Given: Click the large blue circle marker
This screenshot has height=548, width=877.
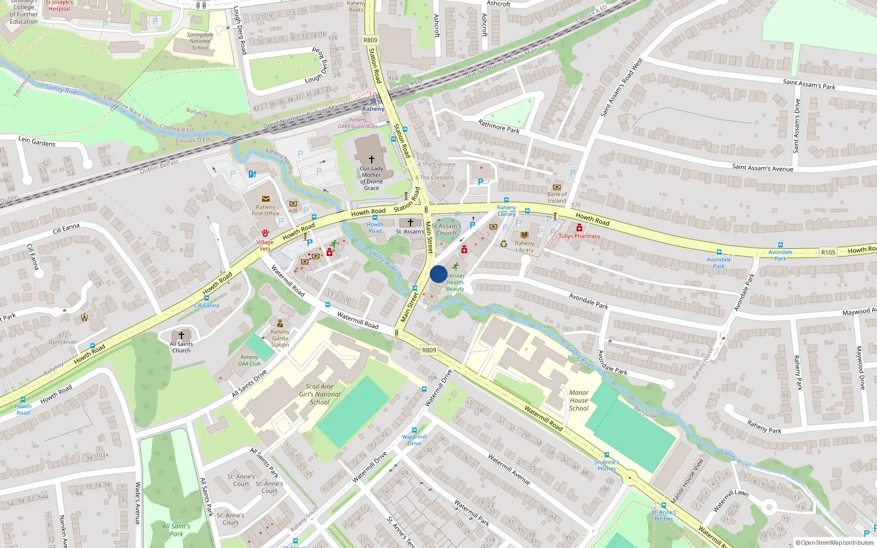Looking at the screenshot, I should [438, 274].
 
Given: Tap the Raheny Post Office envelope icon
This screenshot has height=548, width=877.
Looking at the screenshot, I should [266, 199].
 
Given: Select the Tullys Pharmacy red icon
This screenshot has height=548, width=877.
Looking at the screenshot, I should [579, 228].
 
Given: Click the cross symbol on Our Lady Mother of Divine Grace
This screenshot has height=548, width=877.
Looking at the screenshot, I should [372, 159].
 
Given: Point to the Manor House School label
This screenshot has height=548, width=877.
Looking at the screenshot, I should [579, 400].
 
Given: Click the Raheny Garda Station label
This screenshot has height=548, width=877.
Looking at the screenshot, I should [280, 338].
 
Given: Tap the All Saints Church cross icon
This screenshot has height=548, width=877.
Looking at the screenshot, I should [181, 335].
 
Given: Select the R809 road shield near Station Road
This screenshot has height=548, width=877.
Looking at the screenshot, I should [371, 40].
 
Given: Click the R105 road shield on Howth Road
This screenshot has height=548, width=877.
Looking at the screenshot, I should [828, 253].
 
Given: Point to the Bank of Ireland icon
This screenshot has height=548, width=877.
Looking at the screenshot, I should [557, 187].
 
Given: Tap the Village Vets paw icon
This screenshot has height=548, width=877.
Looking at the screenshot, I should [265, 233].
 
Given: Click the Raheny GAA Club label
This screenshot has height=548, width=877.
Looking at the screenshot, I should [249, 360].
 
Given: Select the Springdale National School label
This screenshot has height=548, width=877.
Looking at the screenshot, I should [200, 41].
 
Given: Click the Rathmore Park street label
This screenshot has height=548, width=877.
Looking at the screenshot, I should [498, 127].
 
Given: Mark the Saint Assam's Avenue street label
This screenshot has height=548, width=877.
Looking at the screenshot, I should [762, 168].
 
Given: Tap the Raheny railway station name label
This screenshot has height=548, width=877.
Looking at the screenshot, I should [373, 109].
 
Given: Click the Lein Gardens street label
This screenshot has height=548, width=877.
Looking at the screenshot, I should [37, 141].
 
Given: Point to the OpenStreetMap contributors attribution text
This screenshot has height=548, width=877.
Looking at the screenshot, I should [834, 543].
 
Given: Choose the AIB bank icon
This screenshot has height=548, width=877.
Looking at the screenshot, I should [293, 203].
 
